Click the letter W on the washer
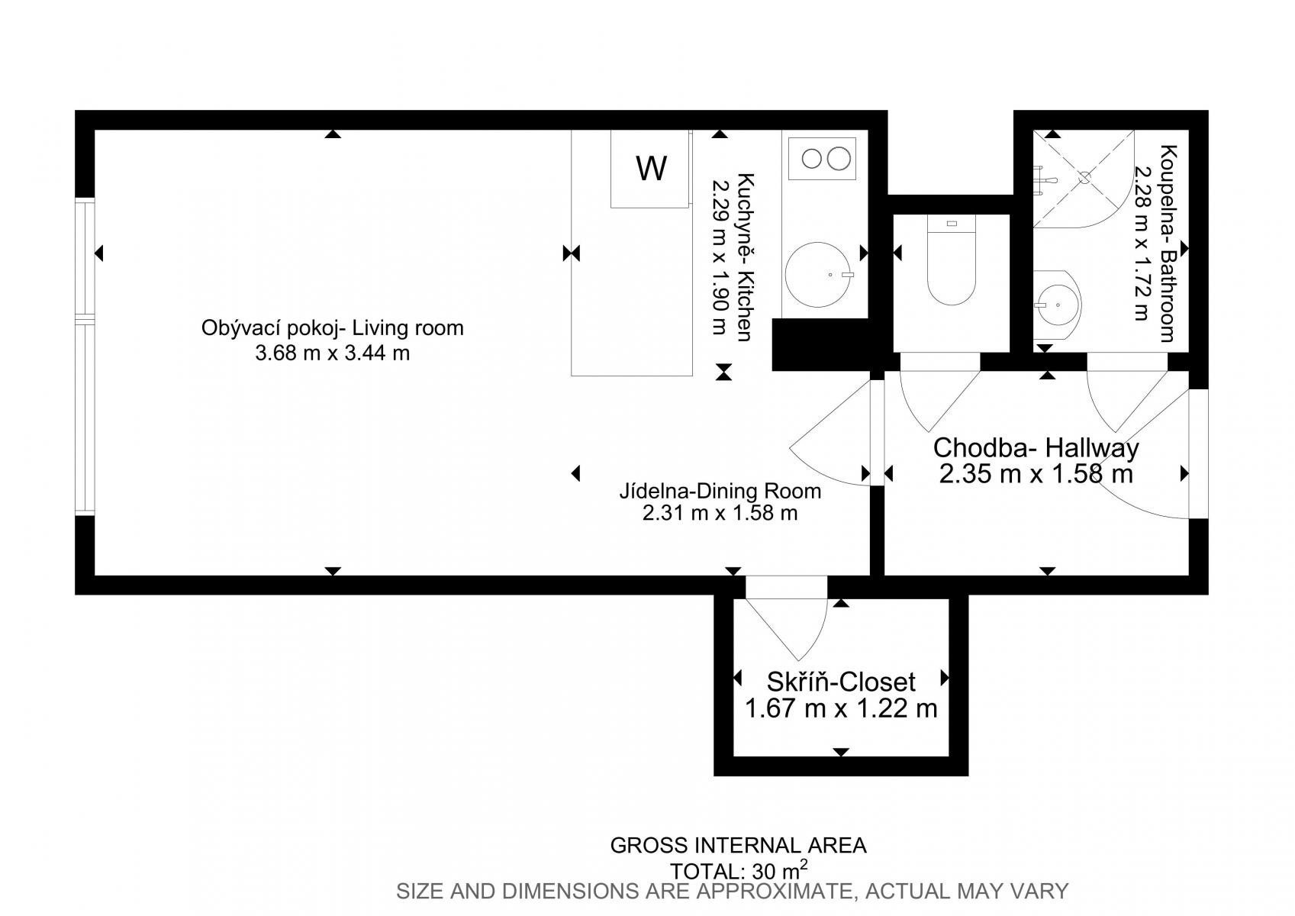pyautogui.click(x=651, y=168)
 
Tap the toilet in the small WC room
pyautogui.click(x=951, y=260)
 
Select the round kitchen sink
pyautogui.click(x=819, y=275)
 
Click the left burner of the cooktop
pyautogui.click(x=812, y=159)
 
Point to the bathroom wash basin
pyautogui.click(x=1057, y=305)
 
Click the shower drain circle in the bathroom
pyautogui.click(x=1084, y=178)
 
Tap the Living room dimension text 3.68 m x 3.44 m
pyautogui.click(x=333, y=353)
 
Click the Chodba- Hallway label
pyautogui.click(x=1036, y=448)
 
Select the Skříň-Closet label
pyautogui.click(x=841, y=682)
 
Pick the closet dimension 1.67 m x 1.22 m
pyautogui.click(x=841, y=708)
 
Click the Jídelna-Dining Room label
pyautogui.click(x=720, y=491)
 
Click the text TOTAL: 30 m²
pyautogui.click(x=739, y=869)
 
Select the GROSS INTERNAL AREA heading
pyautogui.click(x=739, y=846)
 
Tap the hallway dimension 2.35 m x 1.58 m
pyautogui.click(x=1036, y=474)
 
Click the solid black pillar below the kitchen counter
pyautogui.click(x=821, y=344)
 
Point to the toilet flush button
pyautogui.click(x=952, y=223)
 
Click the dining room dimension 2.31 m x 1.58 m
pyautogui.click(x=720, y=513)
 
